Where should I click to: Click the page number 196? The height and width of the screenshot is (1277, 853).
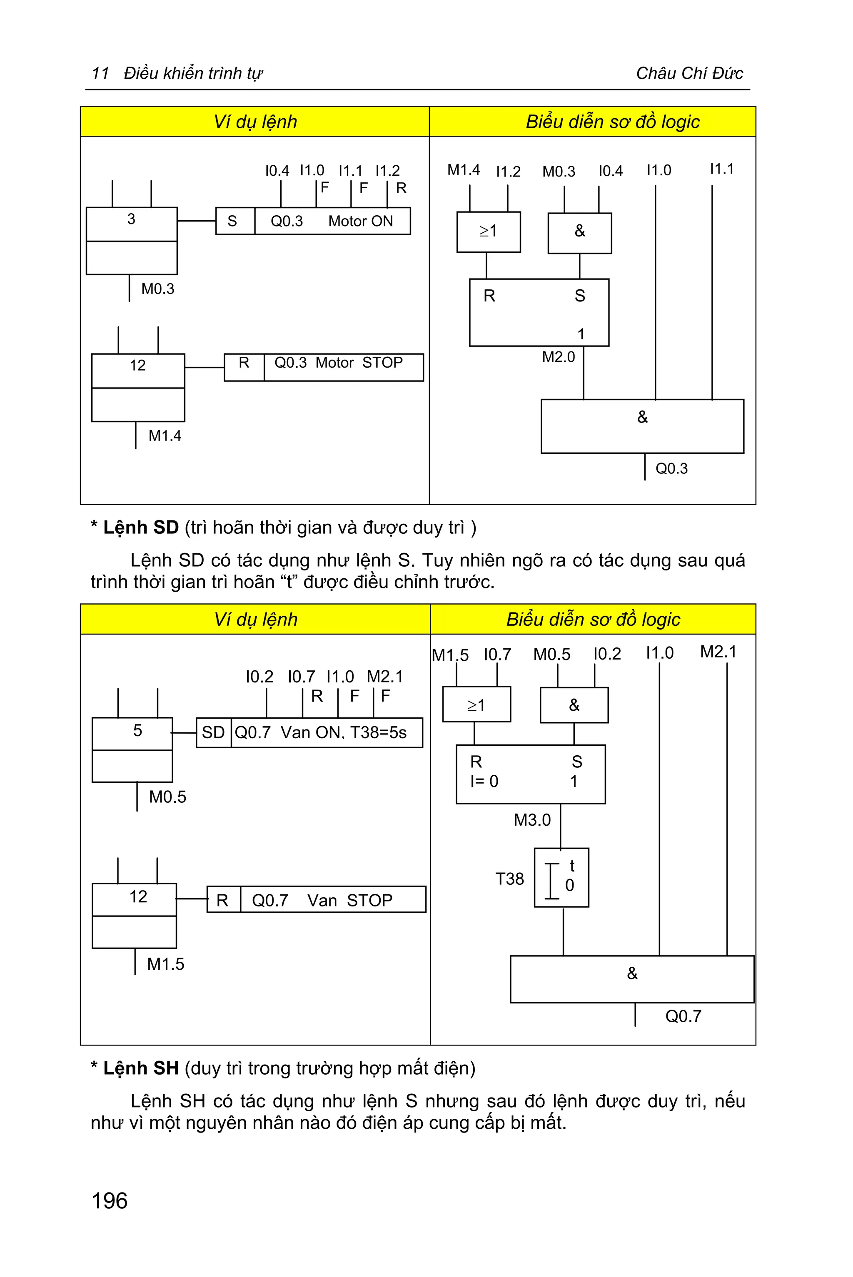(110, 1201)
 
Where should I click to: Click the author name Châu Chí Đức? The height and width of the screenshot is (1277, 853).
(689, 73)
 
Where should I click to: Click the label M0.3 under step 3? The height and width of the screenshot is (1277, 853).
(158, 289)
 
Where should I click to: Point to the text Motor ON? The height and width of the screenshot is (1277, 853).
(360, 222)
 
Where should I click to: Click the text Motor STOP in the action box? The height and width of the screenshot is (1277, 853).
(359, 363)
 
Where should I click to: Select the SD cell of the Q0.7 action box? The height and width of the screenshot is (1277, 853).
(213, 732)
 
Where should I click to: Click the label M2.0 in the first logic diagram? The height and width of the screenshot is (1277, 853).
(558, 357)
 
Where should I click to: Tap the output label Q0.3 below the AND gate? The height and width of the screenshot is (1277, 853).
(671, 469)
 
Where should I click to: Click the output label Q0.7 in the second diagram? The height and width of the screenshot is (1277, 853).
(683, 1016)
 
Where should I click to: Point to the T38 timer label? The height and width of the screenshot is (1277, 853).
(510, 879)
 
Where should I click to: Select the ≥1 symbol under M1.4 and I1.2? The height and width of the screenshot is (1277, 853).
(488, 231)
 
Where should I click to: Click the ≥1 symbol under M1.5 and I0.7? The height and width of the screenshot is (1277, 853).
(476, 705)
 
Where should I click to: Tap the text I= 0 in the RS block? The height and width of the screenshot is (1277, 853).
(484, 781)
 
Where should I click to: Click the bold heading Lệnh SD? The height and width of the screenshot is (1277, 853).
(140, 528)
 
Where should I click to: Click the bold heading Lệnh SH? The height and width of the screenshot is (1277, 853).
(140, 1068)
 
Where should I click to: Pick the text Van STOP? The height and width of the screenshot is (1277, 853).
(350, 901)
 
